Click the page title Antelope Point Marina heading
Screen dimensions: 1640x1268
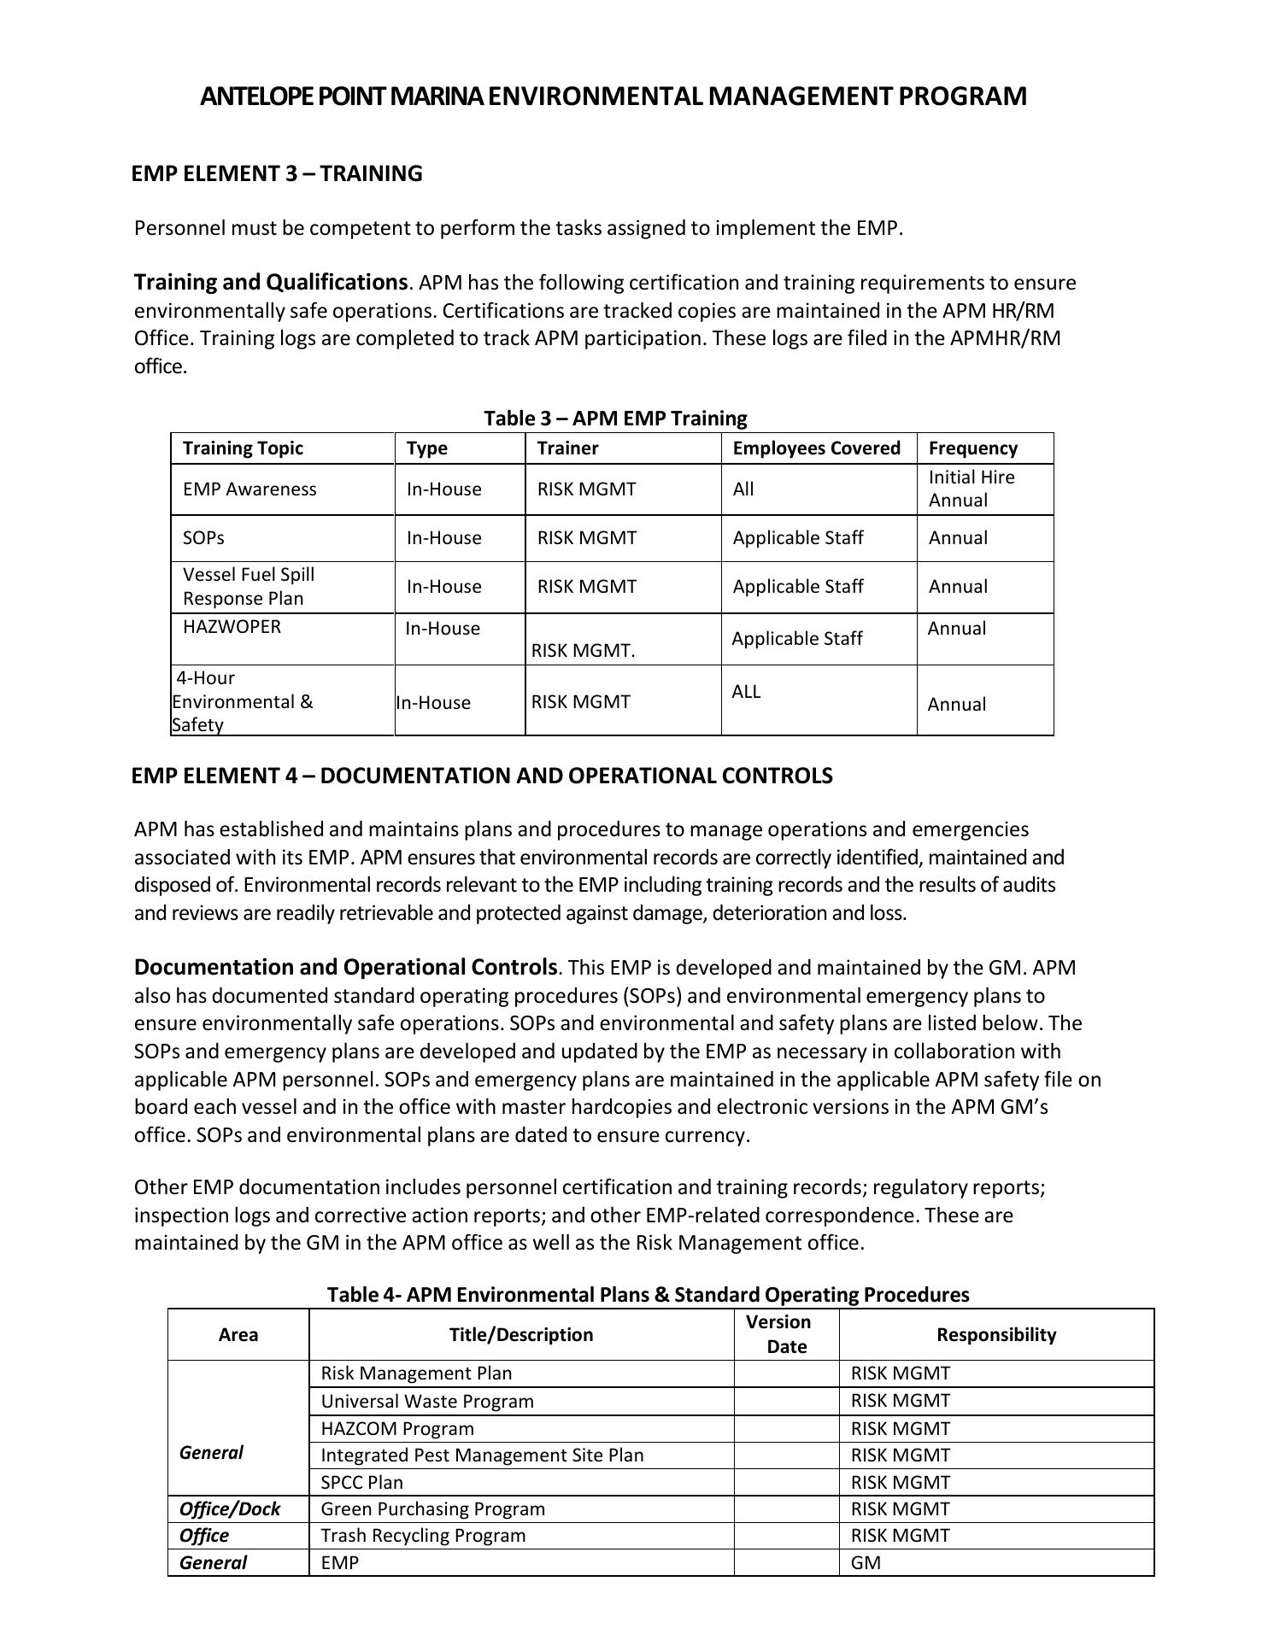click(613, 96)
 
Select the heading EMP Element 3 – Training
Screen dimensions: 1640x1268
click(276, 173)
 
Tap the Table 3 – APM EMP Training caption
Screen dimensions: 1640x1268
click(615, 418)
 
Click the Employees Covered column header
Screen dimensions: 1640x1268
click(816, 448)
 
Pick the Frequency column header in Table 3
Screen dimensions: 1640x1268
click(972, 448)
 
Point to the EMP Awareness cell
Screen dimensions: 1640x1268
click(249, 489)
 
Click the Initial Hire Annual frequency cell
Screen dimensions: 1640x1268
click(972, 489)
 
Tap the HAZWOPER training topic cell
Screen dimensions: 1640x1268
click(232, 627)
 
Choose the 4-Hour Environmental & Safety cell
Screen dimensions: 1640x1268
click(243, 701)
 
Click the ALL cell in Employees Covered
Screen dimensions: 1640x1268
click(746, 692)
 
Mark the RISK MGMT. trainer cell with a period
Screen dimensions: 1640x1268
click(583, 651)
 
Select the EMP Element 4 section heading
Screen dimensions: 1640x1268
click(481, 776)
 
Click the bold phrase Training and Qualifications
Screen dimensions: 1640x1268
click(271, 282)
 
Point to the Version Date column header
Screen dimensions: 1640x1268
click(786, 1334)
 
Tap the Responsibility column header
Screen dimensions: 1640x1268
click(996, 1335)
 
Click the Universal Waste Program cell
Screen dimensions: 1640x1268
click(427, 1401)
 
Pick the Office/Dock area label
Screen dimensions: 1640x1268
click(230, 1509)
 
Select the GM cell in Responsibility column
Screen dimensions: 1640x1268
click(866, 1563)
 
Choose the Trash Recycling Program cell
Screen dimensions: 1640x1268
click(423, 1536)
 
